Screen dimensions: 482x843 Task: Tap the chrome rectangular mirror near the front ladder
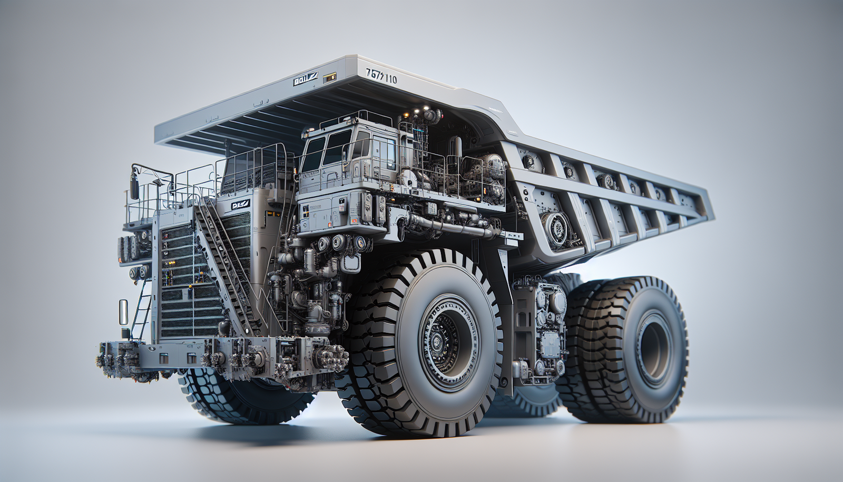123,312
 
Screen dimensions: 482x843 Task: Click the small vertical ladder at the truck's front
141,311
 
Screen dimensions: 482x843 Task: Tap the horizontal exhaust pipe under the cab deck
453,227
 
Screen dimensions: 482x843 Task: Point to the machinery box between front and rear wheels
540,327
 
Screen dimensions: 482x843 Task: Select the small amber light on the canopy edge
330,77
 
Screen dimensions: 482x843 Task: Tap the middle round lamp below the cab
338,243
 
